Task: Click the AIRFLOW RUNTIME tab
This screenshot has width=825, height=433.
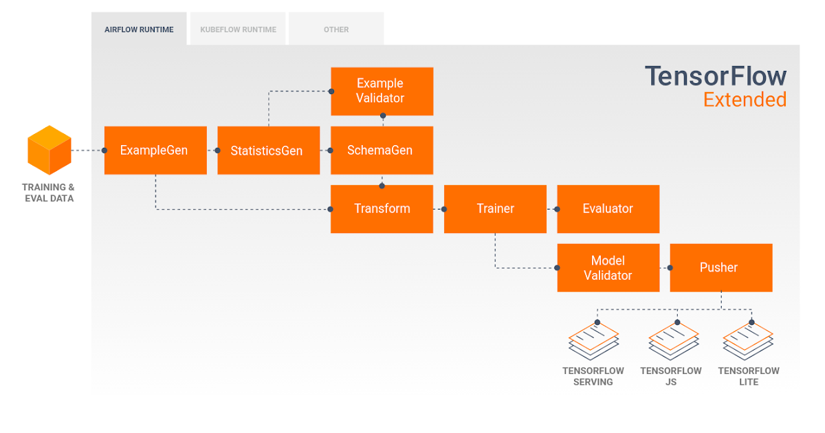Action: pos(139,30)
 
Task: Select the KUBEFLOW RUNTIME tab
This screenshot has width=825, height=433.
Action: pos(238,30)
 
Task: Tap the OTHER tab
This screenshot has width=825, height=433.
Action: pos(336,30)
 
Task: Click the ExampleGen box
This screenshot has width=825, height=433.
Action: pos(155,150)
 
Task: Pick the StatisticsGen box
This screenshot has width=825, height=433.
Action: pos(268,150)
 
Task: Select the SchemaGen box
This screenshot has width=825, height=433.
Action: pos(382,150)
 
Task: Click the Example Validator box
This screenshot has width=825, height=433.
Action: pos(382,91)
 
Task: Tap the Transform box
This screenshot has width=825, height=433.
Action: pos(382,209)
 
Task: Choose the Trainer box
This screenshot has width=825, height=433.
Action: pos(495,209)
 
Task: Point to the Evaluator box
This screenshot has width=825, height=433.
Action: pos(608,209)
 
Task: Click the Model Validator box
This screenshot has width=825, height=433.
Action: pos(608,267)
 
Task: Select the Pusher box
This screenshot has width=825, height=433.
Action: pos(720,267)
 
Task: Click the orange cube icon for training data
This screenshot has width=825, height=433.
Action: pos(49,150)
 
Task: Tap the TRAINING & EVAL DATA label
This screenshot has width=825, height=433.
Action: pos(48,192)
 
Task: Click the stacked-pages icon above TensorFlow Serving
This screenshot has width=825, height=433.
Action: pos(593,340)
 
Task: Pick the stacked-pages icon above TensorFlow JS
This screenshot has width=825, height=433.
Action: pos(673,340)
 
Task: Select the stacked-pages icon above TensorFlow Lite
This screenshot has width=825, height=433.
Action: pos(747,340)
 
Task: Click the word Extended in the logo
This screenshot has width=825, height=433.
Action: pos(745,100)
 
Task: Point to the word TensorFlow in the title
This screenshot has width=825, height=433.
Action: pos(715,76)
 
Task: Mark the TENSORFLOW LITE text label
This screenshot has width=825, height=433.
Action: pos(749,376)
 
